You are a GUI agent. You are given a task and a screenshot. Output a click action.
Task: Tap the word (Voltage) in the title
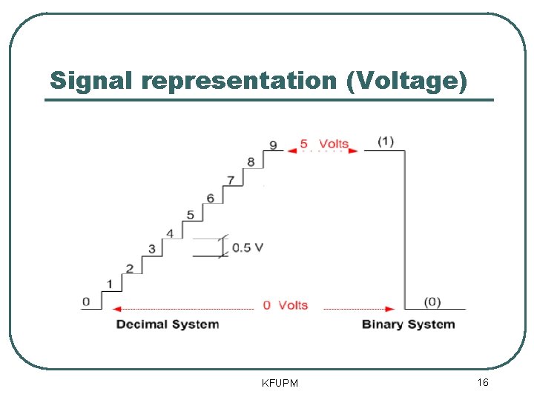point(406,81)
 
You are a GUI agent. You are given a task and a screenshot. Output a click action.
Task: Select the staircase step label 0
point(86,301)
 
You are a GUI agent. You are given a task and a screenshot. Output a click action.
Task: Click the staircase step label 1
point(110,284)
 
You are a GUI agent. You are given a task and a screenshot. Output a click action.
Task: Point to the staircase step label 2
point(130,268)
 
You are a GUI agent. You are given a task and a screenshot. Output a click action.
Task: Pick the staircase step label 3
point(151,249)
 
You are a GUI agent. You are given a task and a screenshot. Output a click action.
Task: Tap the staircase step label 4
point(170,233)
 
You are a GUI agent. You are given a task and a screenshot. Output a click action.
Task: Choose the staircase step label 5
point(191,215)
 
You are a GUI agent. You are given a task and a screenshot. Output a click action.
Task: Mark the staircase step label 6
point(211,198)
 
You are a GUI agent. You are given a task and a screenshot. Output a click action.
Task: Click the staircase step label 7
point(231,180)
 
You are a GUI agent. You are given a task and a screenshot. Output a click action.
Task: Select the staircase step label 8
point(251,162)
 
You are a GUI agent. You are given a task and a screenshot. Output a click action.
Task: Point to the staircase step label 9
point(273,145)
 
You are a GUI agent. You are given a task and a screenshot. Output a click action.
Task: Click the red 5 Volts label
point(324,144)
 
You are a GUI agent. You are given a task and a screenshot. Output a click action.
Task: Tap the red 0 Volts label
point(286,305)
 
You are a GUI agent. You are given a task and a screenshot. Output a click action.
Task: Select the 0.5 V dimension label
point(248,247)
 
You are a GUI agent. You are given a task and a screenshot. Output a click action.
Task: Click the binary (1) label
point(386,141)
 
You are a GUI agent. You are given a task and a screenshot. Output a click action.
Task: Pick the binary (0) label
point(432,301)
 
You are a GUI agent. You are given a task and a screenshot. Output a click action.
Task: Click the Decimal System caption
point(168,324)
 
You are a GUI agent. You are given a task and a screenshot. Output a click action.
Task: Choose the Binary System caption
point(408,324)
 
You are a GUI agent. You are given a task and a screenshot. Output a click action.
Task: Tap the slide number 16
point(482,382)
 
